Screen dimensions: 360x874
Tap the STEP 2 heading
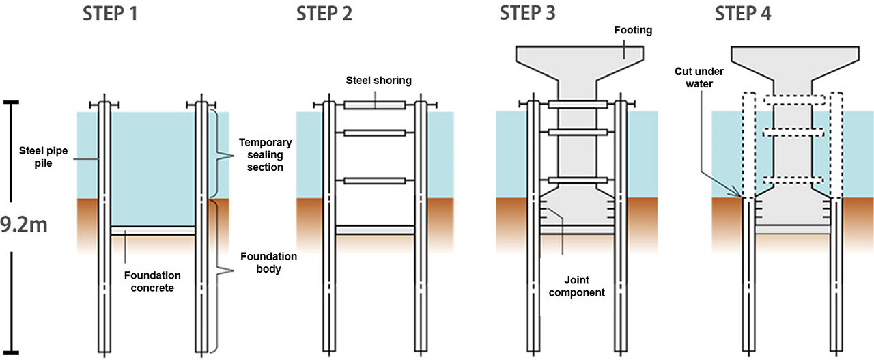324,14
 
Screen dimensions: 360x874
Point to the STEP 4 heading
744,14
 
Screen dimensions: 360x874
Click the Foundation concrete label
152,281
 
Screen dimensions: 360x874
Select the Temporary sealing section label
265,155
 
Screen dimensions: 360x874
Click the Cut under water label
699,77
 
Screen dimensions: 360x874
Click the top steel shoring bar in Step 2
375,105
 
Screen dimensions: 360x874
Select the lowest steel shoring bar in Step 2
375,181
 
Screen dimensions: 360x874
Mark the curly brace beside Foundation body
221,273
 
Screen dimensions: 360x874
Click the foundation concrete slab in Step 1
152,231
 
